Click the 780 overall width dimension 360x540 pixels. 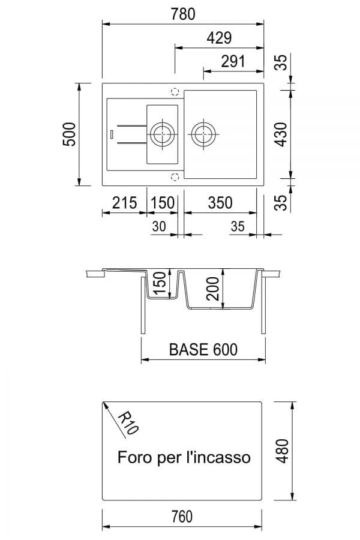tap(183, 14)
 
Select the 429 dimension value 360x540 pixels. tap(219, 38)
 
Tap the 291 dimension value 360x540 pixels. tap(233, 61)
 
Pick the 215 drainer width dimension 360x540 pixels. tap(124, 203)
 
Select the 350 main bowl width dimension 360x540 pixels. tap(220, 203)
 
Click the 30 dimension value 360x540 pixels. tap(159, 226)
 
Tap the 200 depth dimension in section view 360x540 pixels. tap(214, 289)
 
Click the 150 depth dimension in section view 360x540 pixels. tap(160, 283)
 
